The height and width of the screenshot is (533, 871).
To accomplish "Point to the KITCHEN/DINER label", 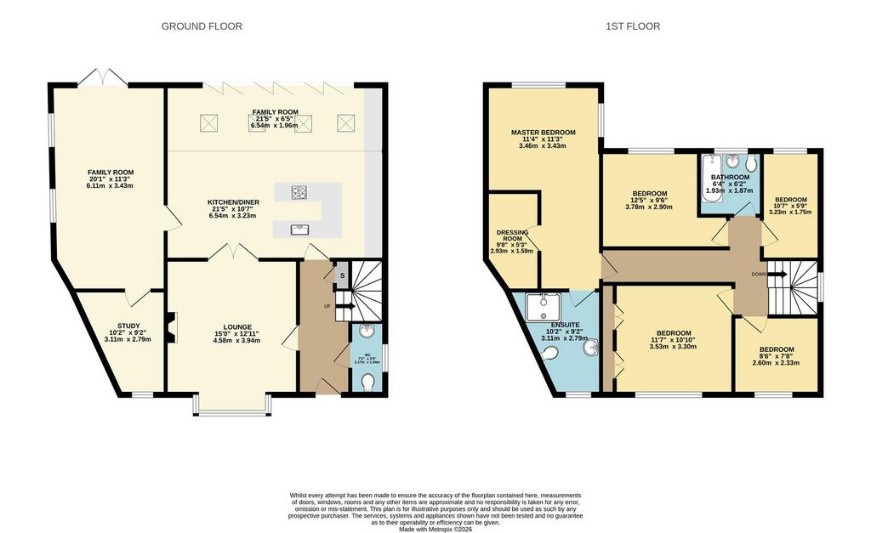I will (232, 202).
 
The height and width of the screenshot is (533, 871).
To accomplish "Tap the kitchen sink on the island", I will (299, 228).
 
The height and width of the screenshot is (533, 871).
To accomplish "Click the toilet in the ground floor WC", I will (368, 384).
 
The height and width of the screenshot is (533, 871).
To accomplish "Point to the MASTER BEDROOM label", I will (543, 133).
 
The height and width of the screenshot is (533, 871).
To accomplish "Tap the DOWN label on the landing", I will (759, 275).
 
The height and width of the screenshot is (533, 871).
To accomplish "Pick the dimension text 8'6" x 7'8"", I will (777, 356).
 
